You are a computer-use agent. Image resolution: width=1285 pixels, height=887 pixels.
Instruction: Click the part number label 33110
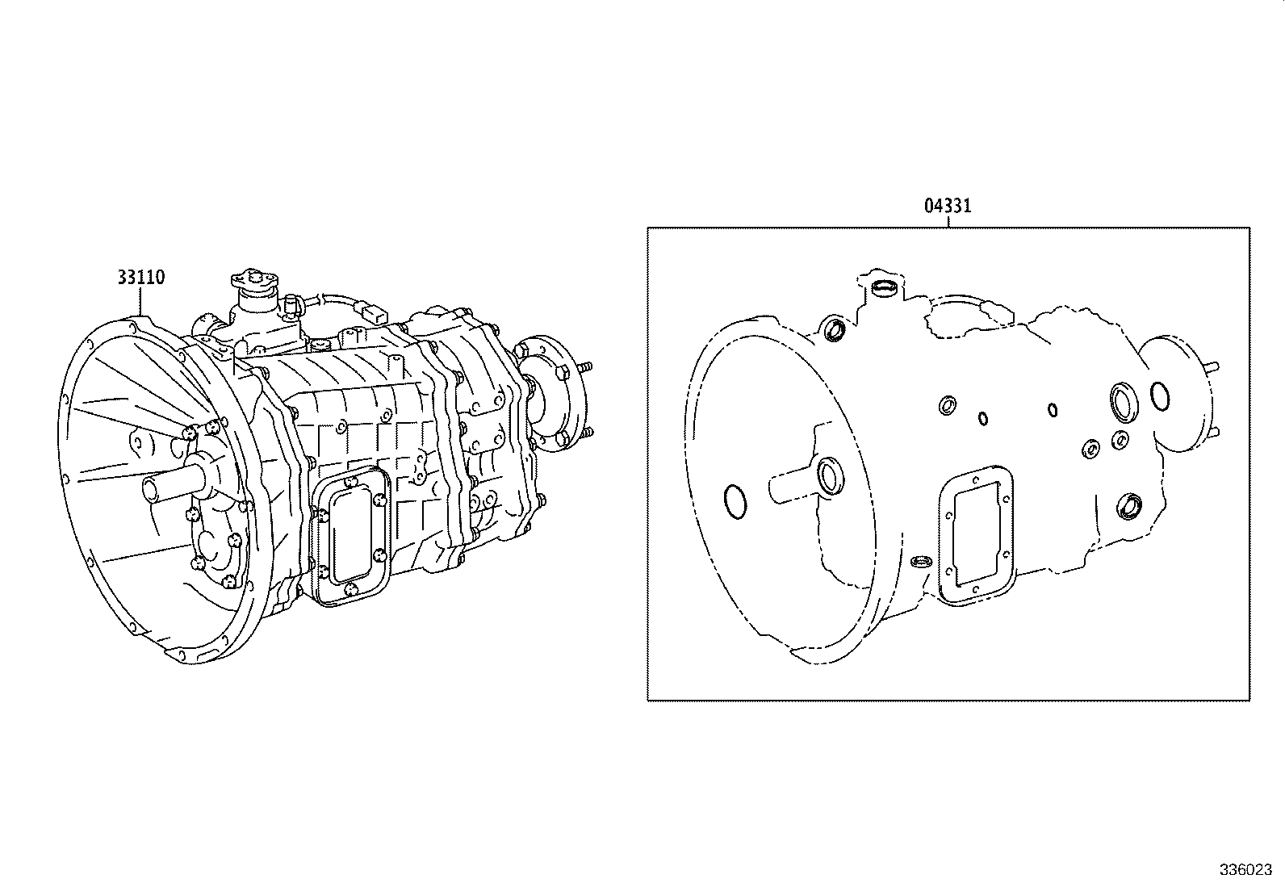[140, 278]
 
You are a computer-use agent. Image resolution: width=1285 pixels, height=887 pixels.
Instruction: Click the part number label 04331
[948, 206]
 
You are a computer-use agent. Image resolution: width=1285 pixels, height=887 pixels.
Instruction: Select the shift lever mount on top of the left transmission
[253, 282]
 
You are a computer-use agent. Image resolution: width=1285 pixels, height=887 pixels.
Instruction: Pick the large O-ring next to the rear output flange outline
[1160, 396]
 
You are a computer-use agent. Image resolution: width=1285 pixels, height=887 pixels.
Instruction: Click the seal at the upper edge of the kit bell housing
[834, 330]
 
